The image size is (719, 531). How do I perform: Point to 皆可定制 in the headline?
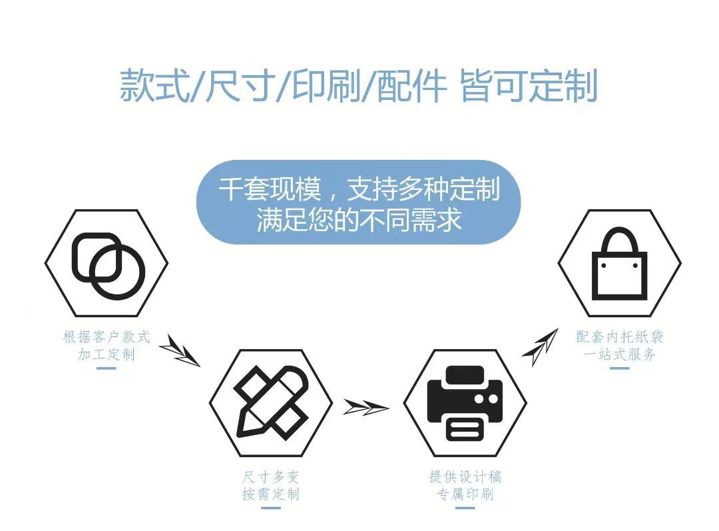pyautogui.click(x=529, y=85)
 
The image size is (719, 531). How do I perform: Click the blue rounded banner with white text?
pyautogui.click(x=359, y=202)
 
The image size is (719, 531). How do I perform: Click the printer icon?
pyautogui.click(x=465, y=402)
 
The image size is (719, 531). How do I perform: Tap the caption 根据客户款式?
pyautogui.click(x=107, y=337)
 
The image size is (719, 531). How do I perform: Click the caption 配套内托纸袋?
pyautogui.click(x=620, y=337)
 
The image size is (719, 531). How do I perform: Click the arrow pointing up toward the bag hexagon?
pyautogui.click(x=540, y=346)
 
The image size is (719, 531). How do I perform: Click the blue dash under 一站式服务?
pyautogui.click(x=620, y=368)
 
